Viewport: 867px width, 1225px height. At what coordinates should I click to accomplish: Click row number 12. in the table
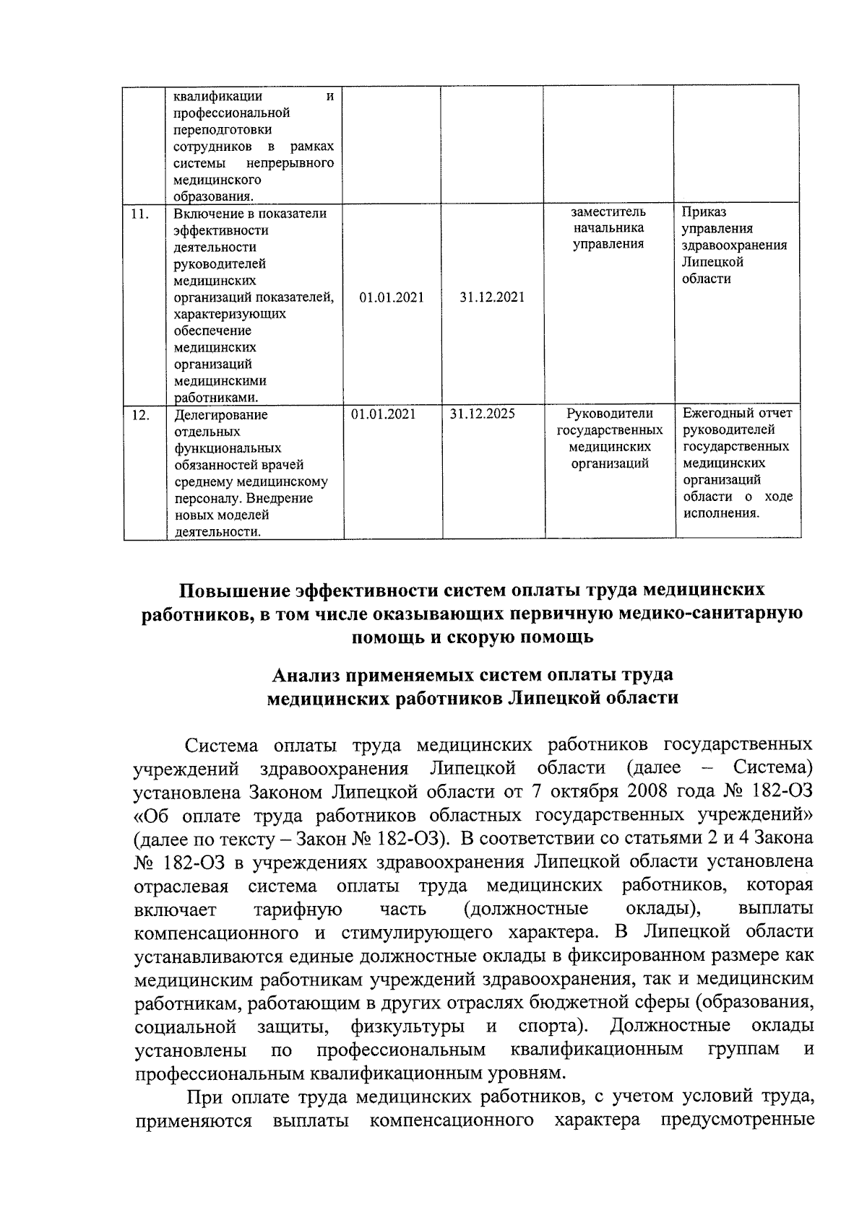140,415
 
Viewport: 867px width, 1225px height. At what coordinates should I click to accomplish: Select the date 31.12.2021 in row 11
491,297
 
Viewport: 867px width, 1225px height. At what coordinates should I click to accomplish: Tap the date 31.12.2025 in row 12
482,414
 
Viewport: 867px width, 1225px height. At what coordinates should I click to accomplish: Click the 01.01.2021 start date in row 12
383,414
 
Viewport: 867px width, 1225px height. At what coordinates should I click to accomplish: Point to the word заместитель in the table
608,212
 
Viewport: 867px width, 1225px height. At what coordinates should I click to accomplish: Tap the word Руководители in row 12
609,414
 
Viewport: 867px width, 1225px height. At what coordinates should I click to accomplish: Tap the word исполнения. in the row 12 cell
721,514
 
